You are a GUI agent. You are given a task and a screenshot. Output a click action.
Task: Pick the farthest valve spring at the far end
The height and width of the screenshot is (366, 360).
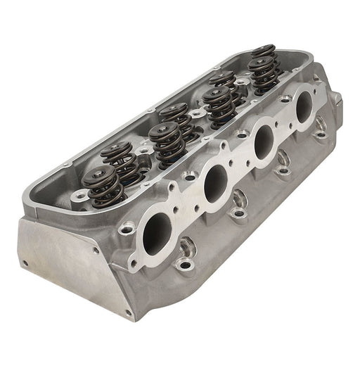(x=264, y=51)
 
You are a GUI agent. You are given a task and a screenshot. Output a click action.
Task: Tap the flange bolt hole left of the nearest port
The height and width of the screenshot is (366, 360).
(x=127, y=229)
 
